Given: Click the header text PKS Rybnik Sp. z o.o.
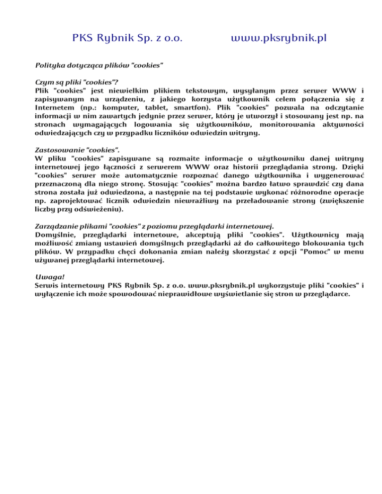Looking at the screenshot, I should (127, 38).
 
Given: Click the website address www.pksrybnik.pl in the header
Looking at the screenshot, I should (279, 38).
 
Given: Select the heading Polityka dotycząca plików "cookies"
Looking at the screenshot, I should (99, 65).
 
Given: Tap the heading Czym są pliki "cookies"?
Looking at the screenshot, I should (77, 82).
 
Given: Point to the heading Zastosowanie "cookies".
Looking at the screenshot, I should (78, 149).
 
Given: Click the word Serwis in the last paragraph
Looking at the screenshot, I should (48, 285).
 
